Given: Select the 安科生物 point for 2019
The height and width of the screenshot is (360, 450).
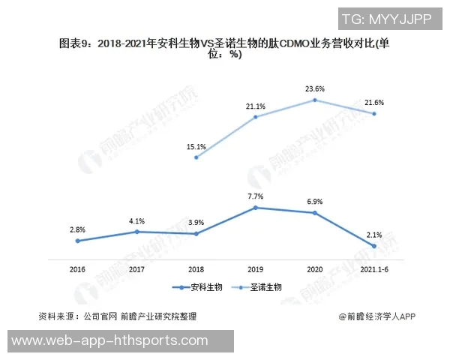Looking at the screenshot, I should pos(256,207).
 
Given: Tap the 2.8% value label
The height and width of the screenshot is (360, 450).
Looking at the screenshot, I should pos(77,228).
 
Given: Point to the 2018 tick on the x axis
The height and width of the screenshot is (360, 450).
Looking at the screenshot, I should pos(196,268).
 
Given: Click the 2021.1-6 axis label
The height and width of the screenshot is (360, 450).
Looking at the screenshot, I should pos(374,268).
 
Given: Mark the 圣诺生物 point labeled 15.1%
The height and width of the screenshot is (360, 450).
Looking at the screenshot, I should pos(196,157).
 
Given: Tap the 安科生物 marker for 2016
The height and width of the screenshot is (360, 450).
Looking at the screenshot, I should pos(77,241).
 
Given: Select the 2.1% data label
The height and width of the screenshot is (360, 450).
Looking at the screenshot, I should pos(374,234).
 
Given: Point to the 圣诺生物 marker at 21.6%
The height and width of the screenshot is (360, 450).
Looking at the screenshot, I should pos(374,114).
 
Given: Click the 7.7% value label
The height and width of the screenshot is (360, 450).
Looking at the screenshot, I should pos(256,196).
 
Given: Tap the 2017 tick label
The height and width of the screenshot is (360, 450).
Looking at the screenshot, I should pos(136,268).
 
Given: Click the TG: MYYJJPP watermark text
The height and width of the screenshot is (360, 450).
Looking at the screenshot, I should pos(385,19).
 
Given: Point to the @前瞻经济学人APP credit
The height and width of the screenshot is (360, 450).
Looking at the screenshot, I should pos(376,316).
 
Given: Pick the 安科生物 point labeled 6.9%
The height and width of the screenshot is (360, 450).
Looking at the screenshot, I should pos(315,213).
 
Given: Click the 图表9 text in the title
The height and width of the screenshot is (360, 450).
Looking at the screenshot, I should pos(76,44).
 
